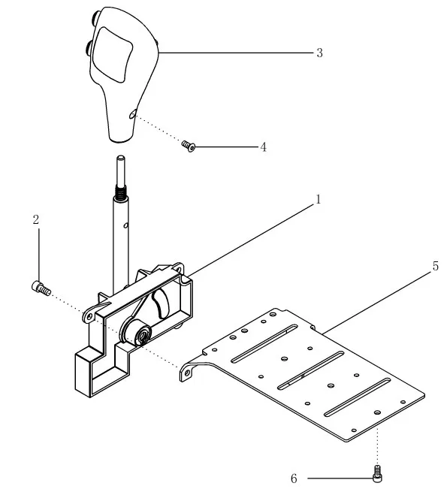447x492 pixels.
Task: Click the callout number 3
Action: point(319,53)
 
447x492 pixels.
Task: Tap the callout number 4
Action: point(264,146)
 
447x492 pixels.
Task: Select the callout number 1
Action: point(319,199)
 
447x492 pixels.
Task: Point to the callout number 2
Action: point(36,219)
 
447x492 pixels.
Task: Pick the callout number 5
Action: point(436,266)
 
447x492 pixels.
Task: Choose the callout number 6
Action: point(294,478)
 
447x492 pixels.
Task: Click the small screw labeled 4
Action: point(189,146)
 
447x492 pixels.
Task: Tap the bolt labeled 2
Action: point(41,288)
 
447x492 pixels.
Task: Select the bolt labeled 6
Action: point(377,474)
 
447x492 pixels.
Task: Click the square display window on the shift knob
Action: point(112,54)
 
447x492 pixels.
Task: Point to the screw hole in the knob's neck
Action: point(133,113)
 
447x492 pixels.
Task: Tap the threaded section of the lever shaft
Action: point(121,192)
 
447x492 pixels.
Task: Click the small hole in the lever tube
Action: point(125,225)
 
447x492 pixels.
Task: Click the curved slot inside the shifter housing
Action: point(161,303)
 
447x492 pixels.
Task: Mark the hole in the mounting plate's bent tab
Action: point(187,373)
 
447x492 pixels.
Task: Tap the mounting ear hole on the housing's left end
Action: point(89,316)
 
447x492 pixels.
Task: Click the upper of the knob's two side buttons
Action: point(95,18)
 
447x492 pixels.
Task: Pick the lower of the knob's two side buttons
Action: point(88,49)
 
